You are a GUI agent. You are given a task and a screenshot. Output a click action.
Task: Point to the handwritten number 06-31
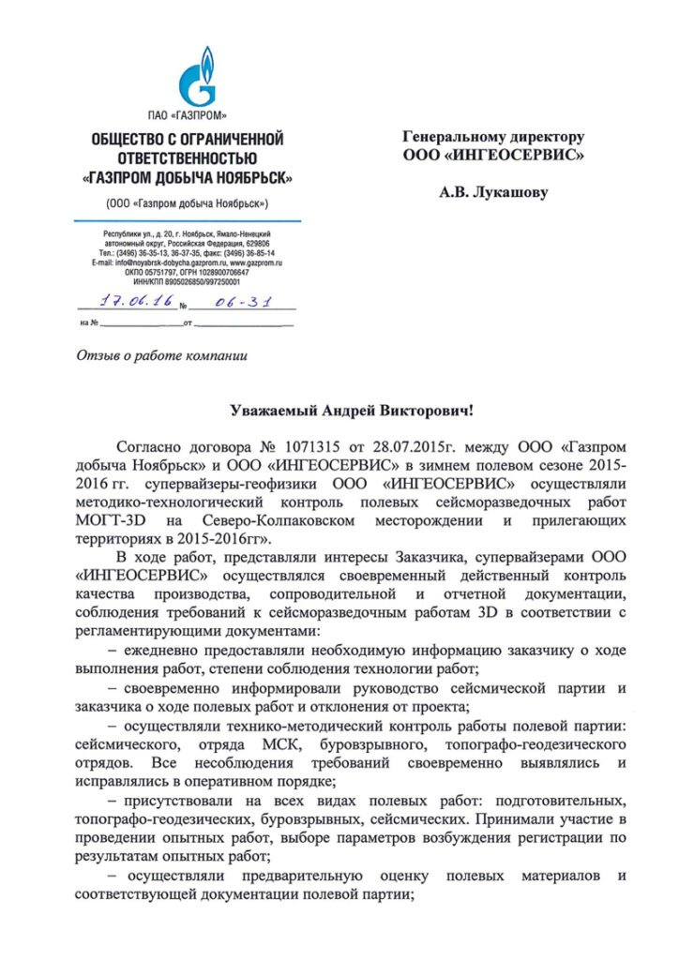coord(230,304)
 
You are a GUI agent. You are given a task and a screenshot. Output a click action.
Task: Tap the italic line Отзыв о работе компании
coord(159,356)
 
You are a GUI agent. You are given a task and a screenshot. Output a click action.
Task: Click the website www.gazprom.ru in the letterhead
coord(257,263)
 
